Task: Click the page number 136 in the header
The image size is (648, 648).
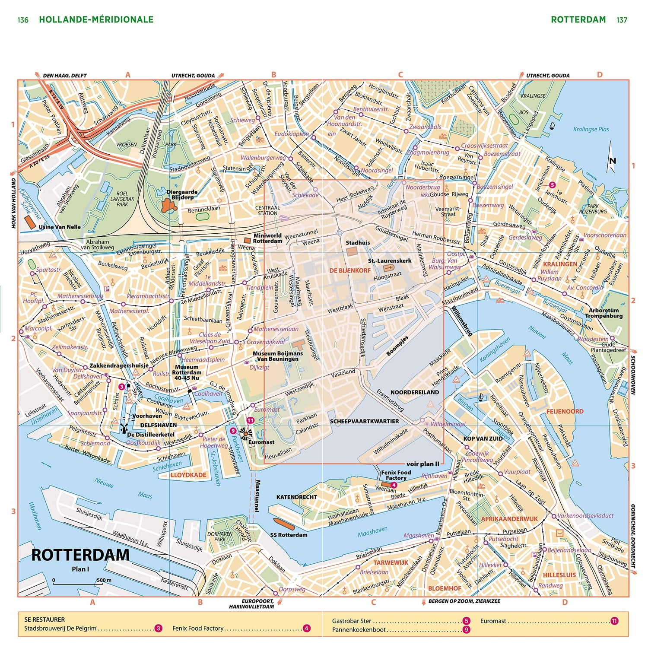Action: (23, 20)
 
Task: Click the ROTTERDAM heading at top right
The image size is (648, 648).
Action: (578, 19)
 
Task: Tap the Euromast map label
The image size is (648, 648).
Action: (261, 442)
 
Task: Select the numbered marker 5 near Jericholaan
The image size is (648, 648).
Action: (552, 185)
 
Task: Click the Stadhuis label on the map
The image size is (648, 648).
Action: (358, 243)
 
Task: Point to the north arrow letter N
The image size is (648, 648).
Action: (612, 161)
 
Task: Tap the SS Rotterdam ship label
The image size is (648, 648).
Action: (289, 535)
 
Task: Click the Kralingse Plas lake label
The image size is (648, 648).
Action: (591, 129)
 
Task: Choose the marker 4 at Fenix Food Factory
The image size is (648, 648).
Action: (394, 485)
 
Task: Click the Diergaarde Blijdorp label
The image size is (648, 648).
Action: (182, 194)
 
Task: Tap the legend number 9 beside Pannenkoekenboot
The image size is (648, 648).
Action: (466, 629)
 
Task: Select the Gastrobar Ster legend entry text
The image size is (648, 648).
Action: (351, 621)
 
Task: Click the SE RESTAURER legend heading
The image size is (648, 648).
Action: (44, 619)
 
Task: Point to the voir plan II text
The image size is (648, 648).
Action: (422, 464)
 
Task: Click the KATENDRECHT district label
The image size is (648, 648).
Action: (296, 497)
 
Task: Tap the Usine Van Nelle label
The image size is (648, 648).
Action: (60, 227)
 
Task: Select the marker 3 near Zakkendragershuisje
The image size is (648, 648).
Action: (122, 387)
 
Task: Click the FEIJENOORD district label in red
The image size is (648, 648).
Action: (565, 411)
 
